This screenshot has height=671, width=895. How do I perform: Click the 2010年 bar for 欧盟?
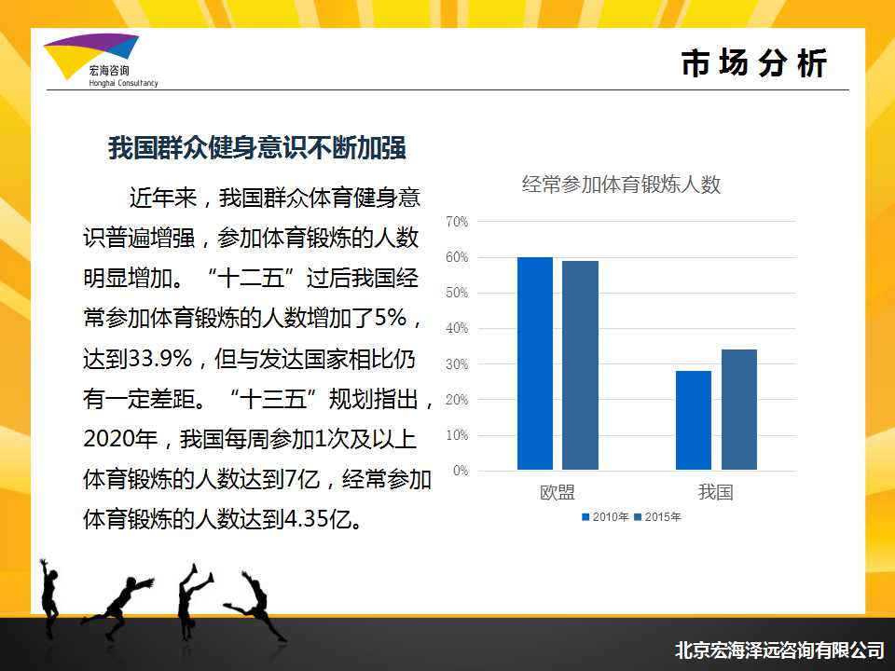[x=535, y=363]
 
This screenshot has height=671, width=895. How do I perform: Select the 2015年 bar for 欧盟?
[x=580, y=365]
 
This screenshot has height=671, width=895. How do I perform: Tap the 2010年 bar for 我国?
[x=694, y=420]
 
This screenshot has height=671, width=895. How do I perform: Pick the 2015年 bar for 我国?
[x=739, y=410]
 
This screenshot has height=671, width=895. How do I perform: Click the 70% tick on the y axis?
[x=457, y=222]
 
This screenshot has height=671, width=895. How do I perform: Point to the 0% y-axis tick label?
[x=460, y=471]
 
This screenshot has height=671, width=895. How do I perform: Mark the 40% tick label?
[x=457, y=328]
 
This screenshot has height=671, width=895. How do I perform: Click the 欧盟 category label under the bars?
[x=558, y=492]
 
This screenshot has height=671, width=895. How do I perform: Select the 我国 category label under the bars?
[x=716, y=492]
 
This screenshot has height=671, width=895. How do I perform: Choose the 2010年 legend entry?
[x=605, y=517]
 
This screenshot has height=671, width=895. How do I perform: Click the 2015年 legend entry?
[x=657, y=517]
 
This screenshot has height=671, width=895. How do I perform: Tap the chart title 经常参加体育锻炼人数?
[x=621, y=185]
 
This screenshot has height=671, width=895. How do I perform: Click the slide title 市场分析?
[x=753, y=62]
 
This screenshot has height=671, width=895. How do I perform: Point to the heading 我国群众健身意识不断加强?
[x=257, y=148]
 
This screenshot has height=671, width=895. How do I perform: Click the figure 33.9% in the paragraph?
[x=159, y=359]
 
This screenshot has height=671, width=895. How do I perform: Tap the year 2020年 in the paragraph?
[x=120, y=439]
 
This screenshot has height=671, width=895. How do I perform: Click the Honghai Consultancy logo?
[x=101, y=60]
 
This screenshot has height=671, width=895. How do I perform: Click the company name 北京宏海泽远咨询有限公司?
[x=779, y=650]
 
